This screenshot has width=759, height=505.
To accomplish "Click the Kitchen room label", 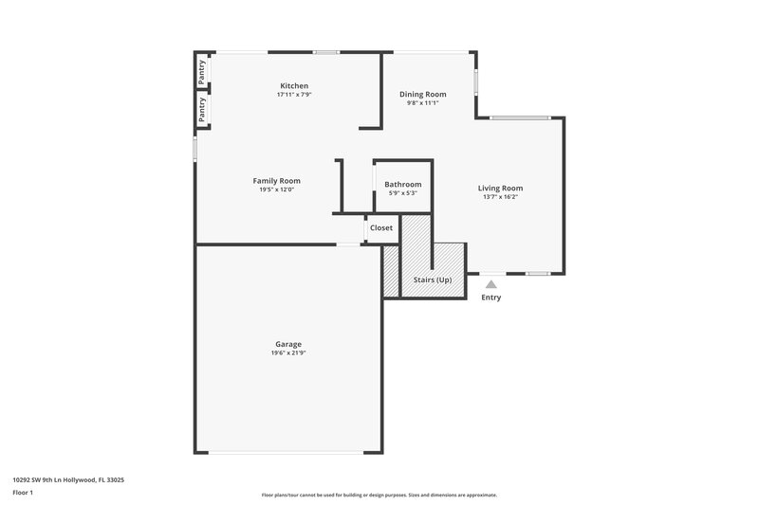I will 293,85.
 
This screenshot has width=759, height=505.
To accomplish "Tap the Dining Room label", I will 422,94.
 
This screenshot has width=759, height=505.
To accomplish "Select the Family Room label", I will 276,180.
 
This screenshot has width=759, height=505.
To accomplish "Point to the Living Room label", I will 500,188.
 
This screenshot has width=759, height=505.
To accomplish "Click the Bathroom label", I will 402,184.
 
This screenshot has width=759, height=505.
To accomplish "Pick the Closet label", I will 381,227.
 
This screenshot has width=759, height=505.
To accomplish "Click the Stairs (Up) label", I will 433,280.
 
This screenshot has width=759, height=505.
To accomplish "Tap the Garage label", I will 288,344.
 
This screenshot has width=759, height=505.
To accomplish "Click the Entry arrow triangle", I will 491,283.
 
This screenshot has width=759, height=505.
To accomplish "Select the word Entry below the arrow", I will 491,298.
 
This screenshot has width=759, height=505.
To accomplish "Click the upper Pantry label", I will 202,73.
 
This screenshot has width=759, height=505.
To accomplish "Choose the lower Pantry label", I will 202,110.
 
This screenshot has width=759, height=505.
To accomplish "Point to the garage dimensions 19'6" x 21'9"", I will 288,353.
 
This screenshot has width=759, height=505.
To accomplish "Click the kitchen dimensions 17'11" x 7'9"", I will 293,95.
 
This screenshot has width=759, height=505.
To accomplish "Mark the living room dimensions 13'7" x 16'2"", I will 500,197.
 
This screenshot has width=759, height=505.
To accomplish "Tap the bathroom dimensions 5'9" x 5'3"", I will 402,193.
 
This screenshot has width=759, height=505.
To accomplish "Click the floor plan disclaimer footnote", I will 379,495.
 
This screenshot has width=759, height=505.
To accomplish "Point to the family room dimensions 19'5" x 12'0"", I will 276,189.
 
